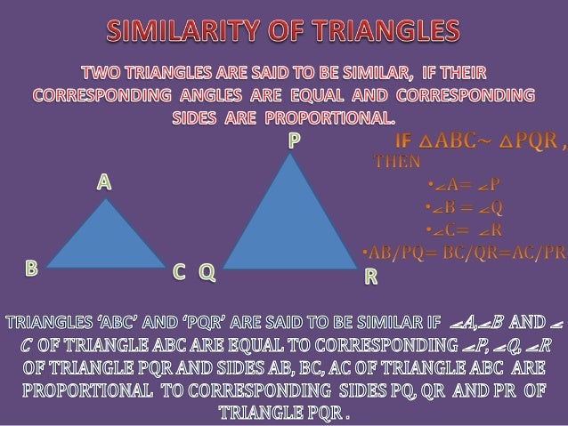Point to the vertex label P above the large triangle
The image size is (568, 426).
[293, 140]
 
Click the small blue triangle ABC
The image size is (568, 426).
[107, 240]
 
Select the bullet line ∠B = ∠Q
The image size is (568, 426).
[463, 209]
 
